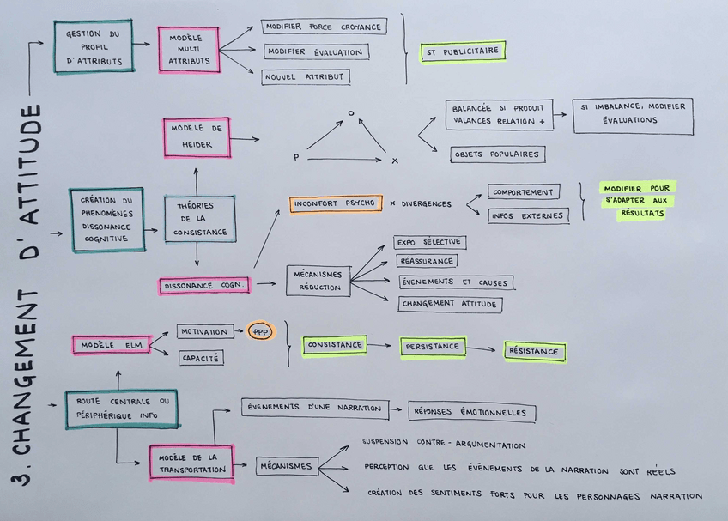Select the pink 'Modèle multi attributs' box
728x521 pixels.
click(188, 50)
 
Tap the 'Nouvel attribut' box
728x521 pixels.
click(306, 77)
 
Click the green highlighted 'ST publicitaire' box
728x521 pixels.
click(463, 51)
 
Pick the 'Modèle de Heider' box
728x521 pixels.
click(197, 138)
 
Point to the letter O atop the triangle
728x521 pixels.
click(350, 113)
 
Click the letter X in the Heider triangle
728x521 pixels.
click(395, 161)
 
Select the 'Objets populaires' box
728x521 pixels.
click(498, 154)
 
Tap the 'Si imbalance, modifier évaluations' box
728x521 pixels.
click(633, 116)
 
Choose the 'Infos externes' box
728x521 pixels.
click(528, 216)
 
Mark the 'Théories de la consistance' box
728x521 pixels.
click(199, 219)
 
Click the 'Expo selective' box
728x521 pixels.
click(430, 242)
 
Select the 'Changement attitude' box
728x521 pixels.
click(451, 304)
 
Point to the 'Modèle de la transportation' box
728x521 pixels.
click(191, 463)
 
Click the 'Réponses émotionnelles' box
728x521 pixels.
click(472, 412)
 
